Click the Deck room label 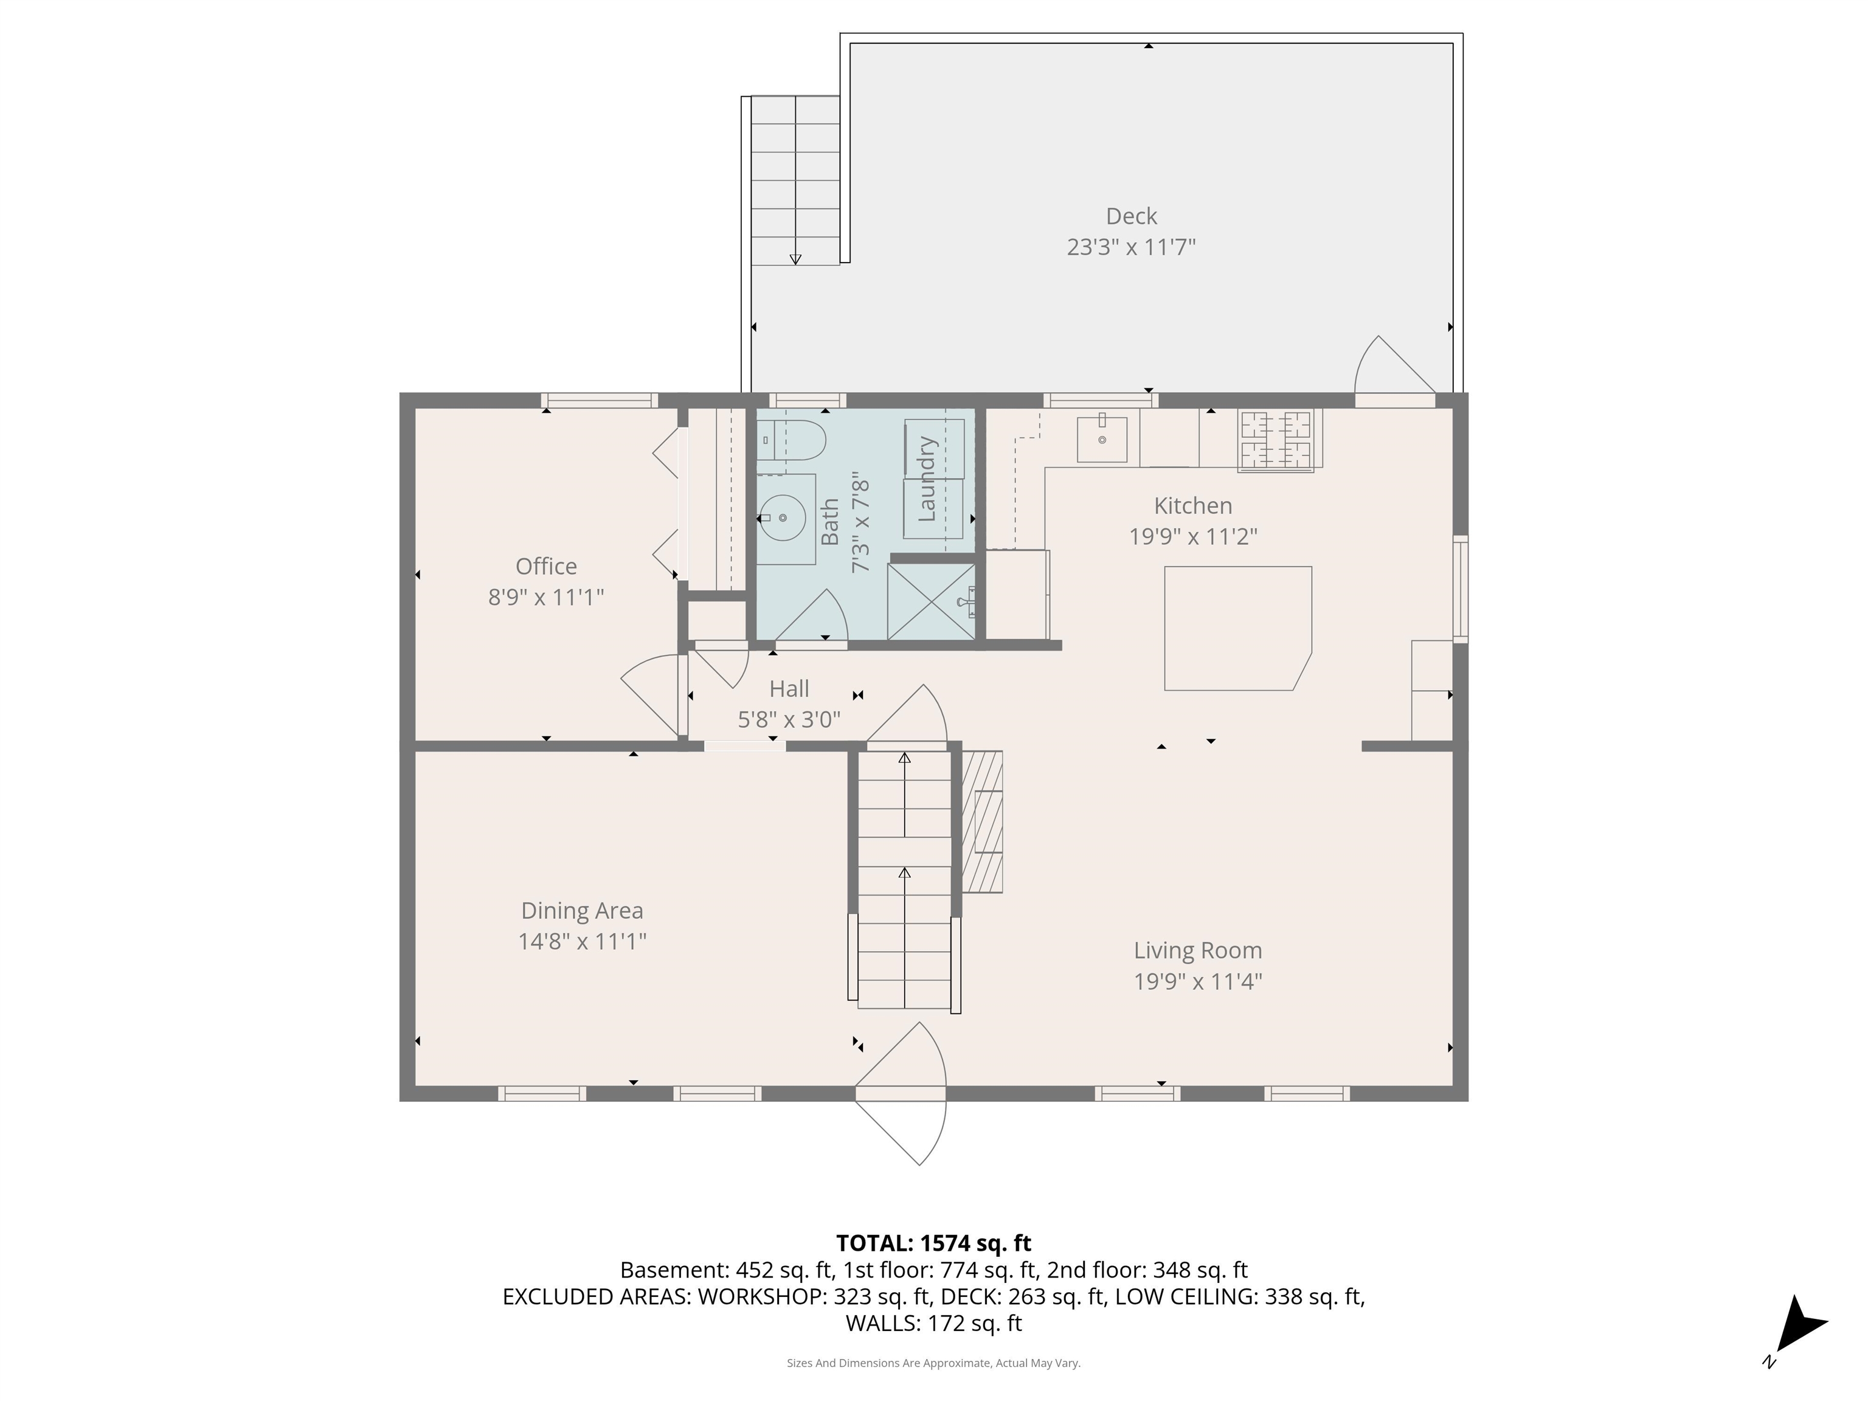[x=1131, y=216]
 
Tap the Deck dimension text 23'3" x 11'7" [x=1131, y=247]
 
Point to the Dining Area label [x=582, y=910]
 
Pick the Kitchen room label [x=1192, y=506]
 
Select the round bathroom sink [x=782, y=517]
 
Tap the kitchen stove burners [x=1275, y=439]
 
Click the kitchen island [x=1238, y=628]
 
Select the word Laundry [x=927, y=479]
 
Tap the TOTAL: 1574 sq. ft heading [x=933, y=1243]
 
